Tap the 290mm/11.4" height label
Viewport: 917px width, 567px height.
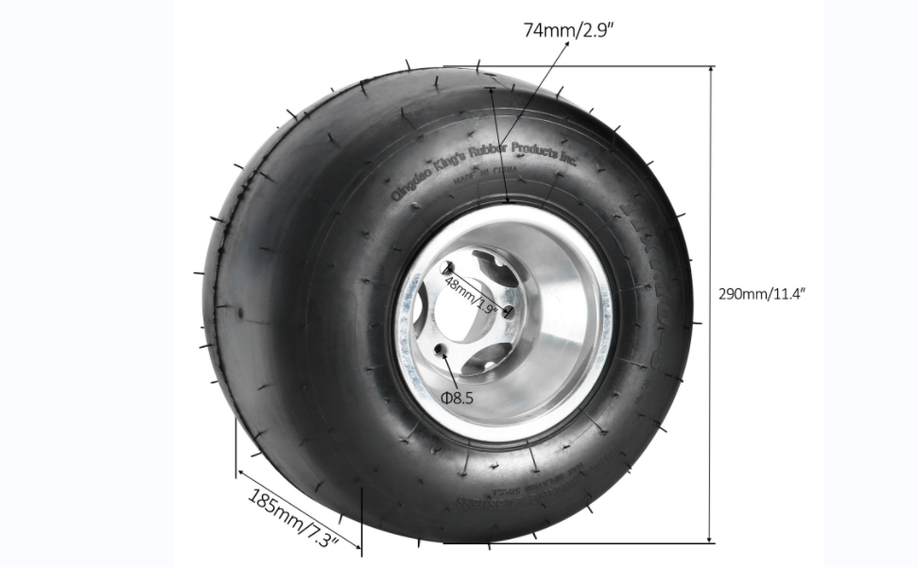click(x=762, y=293)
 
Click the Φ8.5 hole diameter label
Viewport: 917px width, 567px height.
click(x=456, y=397)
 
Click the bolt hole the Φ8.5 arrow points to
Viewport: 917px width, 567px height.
click(x=441, y=351)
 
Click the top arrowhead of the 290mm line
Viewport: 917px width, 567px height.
click(x=711, y=69)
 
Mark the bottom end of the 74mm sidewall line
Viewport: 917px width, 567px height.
click(x=507, y=201)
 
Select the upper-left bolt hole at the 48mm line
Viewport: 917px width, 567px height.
click(x=448, y=268)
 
